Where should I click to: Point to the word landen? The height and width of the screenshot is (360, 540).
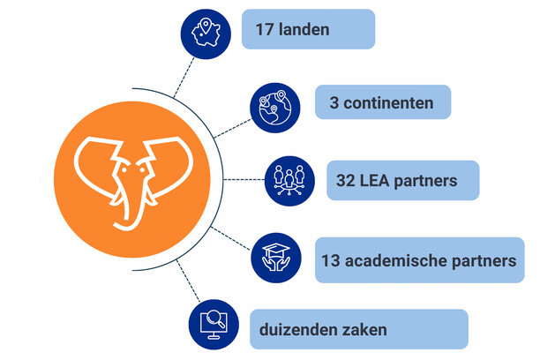[305, 30]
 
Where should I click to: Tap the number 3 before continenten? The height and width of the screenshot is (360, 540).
[334, 103]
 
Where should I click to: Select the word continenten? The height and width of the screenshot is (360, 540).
[390, 103]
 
